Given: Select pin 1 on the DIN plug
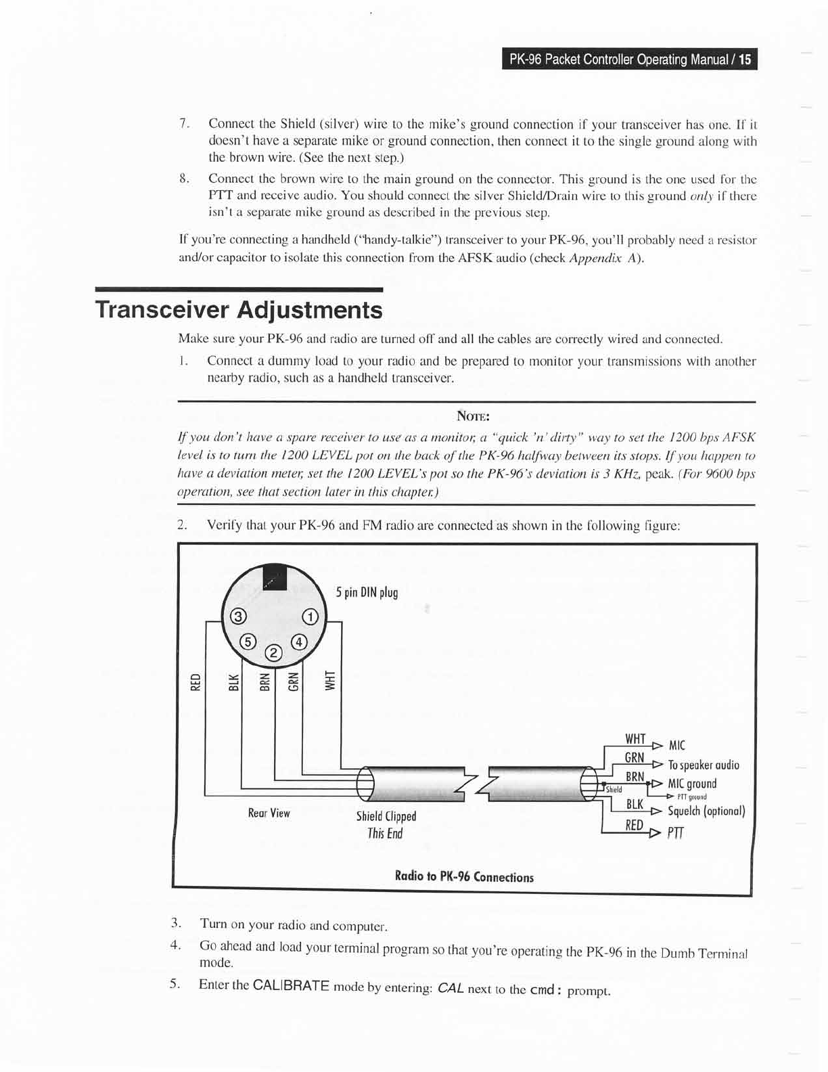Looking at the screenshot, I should click(310, 617).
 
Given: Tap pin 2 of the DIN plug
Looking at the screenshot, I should click(274, 653).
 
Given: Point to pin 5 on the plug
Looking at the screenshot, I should click(248, 641).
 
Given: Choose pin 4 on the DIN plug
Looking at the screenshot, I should click(299, 641).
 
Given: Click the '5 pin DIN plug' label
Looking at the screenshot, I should click(367, 593).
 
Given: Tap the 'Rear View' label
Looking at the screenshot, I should click(269, 813).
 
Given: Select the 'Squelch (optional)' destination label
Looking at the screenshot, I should click(706, 811).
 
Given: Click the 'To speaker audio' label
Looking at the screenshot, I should click(704, 765).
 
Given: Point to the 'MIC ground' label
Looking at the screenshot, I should click(692, 784).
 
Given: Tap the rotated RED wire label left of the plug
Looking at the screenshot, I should click(195, 681).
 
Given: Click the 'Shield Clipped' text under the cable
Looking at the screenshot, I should click(386, 816).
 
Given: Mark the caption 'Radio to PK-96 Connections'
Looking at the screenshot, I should click(464, 877).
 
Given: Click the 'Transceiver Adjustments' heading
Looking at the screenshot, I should click(239, 310).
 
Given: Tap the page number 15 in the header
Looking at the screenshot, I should click(744, 60).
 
